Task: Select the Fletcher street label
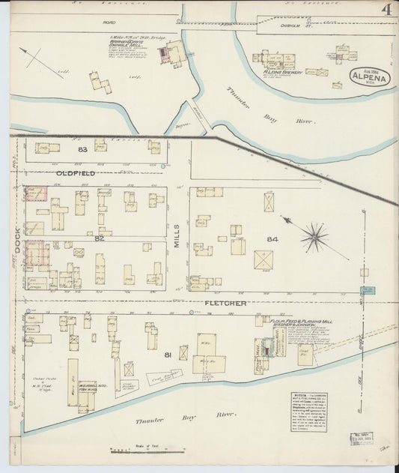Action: tap(225, 303)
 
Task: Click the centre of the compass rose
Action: tap(314, 238)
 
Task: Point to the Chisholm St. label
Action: tap(276, 22)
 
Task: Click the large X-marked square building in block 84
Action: tap(264, 260)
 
